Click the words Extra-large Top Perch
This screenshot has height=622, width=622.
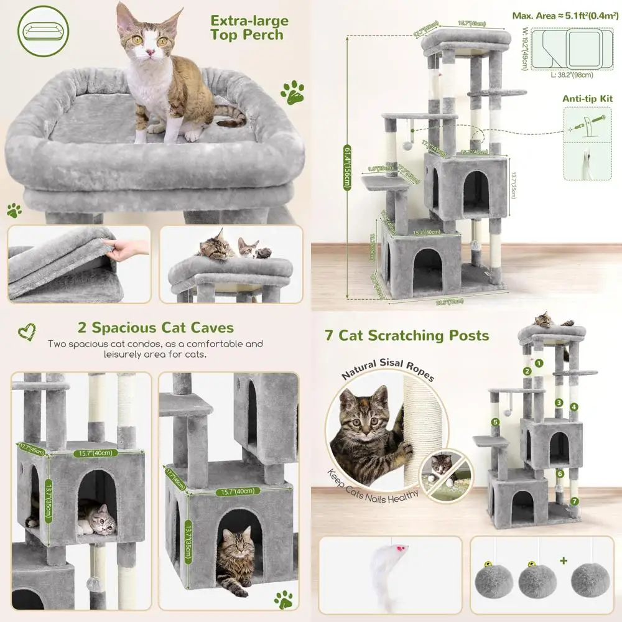pos(249,27)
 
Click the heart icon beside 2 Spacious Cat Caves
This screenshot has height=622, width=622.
pos(26,329)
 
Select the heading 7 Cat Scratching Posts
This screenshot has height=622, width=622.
pos(407,336)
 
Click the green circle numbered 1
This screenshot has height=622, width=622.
pos(539,363)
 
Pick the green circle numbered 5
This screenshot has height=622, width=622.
pos(495,422)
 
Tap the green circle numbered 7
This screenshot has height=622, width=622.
pos(573,501)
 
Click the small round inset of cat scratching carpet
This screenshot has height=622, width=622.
pos(443,471)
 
